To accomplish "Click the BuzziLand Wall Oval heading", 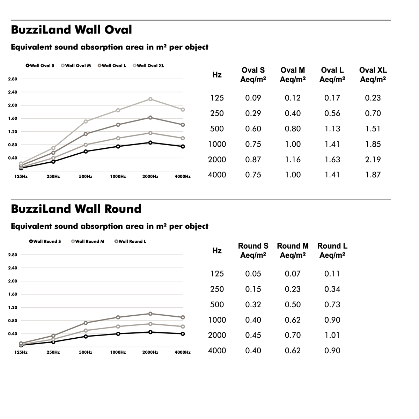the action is click(x=71, y=30).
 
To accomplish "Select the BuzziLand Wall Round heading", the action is click(x=76, y=209).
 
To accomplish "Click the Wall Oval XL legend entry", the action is click(x=148, y=65).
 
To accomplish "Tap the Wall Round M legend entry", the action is click(x=88, y=241).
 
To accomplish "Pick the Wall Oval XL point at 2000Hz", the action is click(x=150, y=99).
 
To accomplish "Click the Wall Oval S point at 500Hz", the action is click(x=86, y=151).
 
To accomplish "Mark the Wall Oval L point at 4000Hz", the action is click(x=183, y=125).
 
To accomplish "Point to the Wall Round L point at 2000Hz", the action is click(x=150, y=314).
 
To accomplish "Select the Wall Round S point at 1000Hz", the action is click(x=118, y=334).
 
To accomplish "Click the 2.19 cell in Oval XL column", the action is click(x=373, y=160).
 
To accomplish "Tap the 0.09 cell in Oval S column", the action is click(x=253, y=98).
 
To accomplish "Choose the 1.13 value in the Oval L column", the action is click(x=332, y=129).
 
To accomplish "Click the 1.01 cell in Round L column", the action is click(x=332, y=335).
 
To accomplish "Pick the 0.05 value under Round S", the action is click(x=253, y=273).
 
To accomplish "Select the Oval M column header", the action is click(x=293, y=75).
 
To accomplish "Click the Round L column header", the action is click(x=332, y=250).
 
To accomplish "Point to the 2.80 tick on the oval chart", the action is click(x=13, y=79).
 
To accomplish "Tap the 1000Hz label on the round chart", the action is click(x=118, y=352).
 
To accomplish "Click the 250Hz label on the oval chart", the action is click(x=53, y=176).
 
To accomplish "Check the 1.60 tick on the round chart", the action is click(x=13, y=294).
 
